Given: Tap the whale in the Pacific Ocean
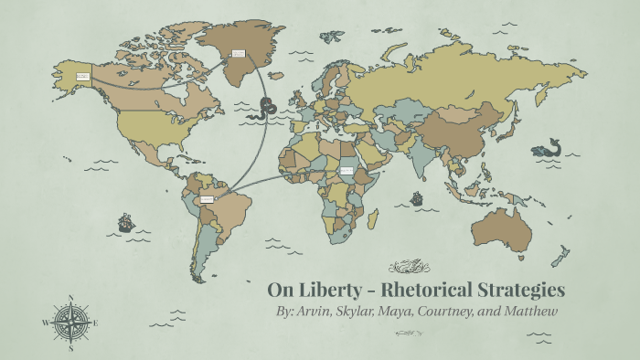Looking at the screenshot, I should pos(551,147).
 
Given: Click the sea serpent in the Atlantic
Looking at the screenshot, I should pos(266,107).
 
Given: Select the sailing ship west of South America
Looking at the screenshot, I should pos(126,222).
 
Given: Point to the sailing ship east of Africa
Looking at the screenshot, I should pos(416,197).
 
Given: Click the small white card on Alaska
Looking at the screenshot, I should pos(82,77).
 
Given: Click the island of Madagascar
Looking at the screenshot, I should pos(374,219).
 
